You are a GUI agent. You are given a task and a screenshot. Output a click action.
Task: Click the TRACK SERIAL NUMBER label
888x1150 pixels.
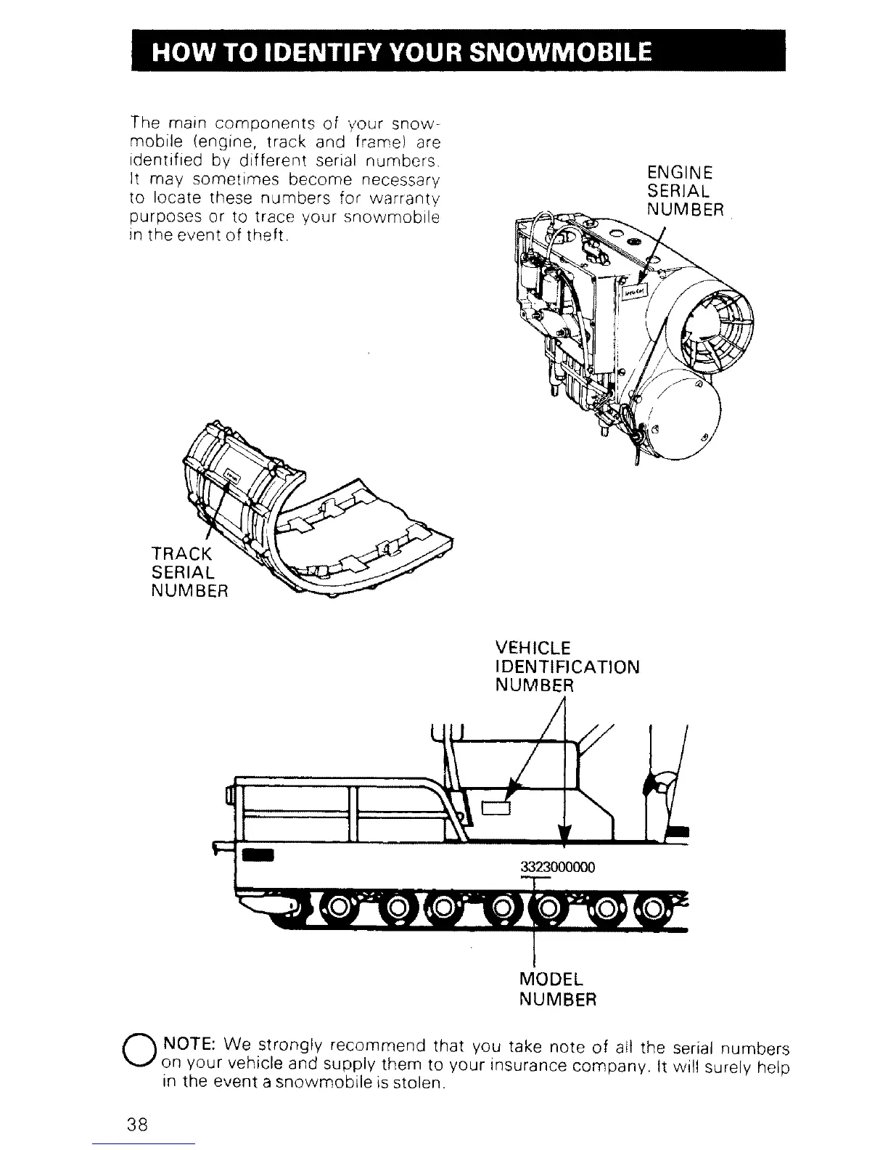point(189,571)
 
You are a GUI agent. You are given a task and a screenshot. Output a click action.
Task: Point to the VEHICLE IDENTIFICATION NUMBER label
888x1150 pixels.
point(567,666)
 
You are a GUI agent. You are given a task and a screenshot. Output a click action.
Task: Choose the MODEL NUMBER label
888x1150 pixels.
point(558,989)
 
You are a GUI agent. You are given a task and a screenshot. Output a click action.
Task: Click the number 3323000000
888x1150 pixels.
point(558,867)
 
